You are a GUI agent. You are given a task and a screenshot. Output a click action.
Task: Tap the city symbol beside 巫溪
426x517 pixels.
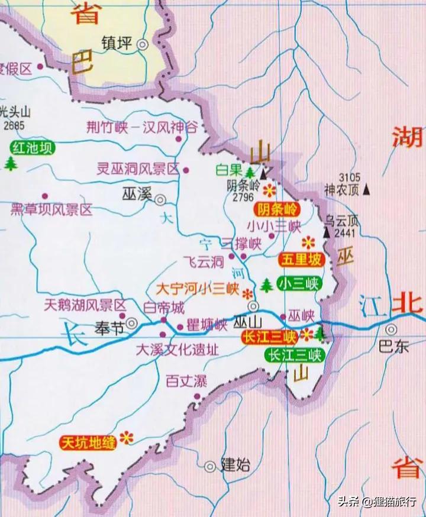(160, 200)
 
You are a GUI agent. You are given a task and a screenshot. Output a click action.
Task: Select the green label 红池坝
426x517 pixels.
(33, 147)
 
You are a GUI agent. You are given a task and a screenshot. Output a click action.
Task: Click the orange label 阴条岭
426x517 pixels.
(277, 209)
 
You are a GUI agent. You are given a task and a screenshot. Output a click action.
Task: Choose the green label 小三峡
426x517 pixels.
(300, 283)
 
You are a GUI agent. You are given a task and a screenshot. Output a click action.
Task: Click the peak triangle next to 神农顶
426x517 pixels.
(367, 190)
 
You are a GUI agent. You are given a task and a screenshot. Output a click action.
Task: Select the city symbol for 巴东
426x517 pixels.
(391, 330)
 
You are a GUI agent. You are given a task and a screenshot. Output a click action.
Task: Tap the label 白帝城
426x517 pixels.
(164, 308)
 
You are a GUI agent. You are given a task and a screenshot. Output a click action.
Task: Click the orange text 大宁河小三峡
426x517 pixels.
(197, 290)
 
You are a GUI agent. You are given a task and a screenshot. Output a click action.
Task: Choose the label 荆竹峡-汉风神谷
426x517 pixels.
(141, 128)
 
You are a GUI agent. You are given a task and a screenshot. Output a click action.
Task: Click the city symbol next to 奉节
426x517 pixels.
(133, 324)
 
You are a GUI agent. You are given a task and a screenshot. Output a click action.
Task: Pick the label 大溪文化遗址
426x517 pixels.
(177, 350)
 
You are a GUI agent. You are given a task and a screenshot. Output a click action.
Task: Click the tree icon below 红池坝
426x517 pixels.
(10, 163)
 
